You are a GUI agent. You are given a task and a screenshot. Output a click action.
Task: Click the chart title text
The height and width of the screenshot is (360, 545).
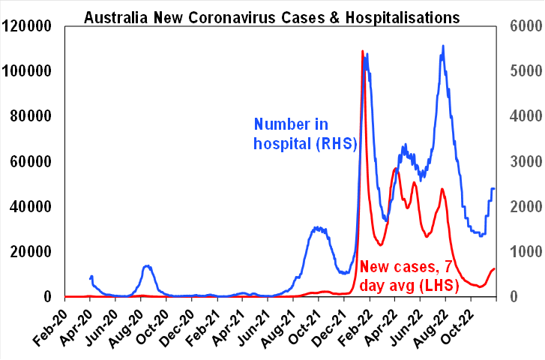click(x=271, y=16)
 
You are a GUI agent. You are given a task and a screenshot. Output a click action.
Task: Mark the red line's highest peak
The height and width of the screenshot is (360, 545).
click(x=363, y=52)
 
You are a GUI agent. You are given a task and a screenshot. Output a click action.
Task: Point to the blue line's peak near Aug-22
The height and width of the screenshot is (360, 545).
click(x=443, y=46)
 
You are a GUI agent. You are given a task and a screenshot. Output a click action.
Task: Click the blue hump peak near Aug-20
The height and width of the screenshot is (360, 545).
click(x=147, y=266)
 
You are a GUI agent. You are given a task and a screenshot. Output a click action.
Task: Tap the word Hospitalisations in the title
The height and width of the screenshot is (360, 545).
click(x=397, y=16)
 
